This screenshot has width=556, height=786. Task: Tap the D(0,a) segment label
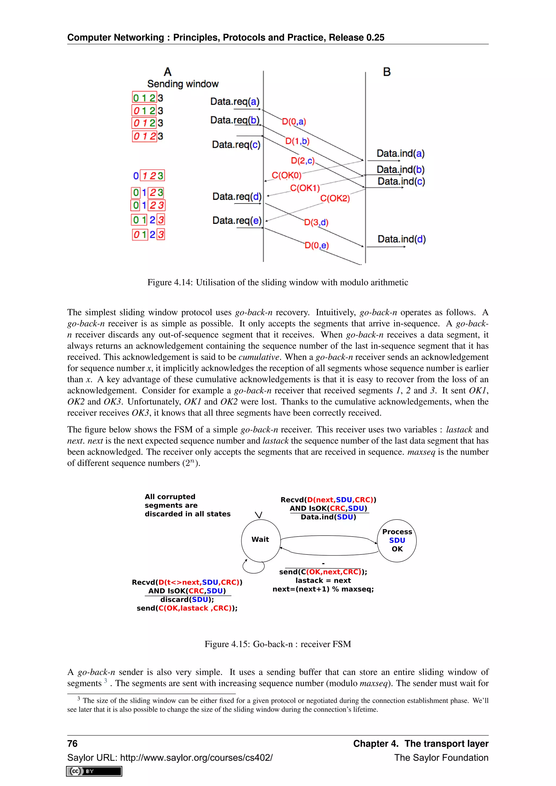tap(294, 122)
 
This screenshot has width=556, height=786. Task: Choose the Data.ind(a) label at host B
tap(400, 153)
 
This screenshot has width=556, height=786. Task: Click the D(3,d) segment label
tap(316, 222)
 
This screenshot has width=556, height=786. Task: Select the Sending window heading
tap(183, 84)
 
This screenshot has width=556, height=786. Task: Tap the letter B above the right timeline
tap(387, 72)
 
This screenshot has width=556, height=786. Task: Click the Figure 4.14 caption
tap(278, 283)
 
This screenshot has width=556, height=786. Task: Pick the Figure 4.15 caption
tap(278, 644)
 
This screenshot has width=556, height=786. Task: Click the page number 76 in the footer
tap(72, 744)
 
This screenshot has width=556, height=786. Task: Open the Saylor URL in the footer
tap(170, 758)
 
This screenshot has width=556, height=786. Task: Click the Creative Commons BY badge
tap(94, 771)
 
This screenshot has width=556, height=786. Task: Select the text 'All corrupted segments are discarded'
tap(187, 505)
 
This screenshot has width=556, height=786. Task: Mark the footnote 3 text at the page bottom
tap(278, 705)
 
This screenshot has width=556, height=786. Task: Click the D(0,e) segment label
tap(316, 245)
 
